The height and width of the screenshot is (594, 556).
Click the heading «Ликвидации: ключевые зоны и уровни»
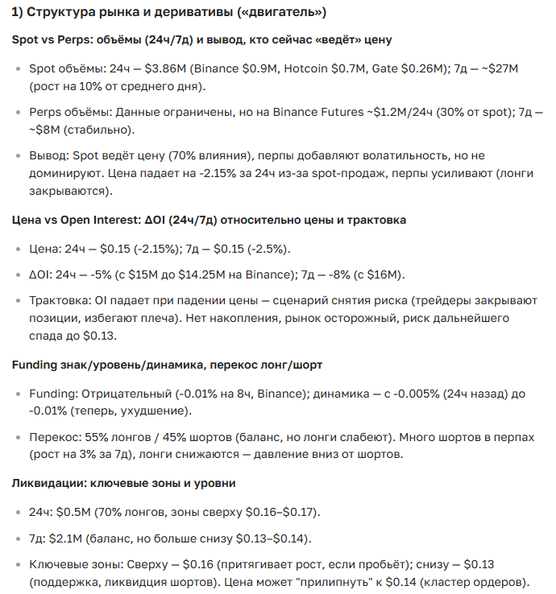[123, 483]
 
